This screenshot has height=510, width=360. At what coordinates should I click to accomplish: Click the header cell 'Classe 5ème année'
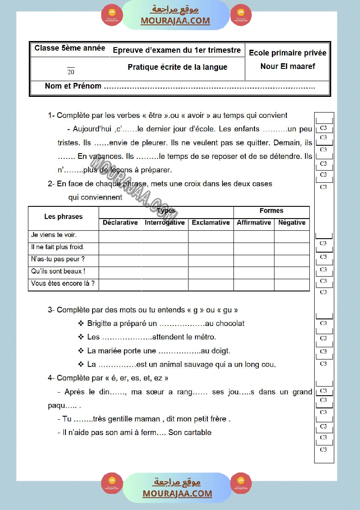(70, 48)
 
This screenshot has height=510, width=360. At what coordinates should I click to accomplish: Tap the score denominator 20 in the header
(71, 72)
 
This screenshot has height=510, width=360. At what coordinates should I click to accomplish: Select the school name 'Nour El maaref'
(288, 66)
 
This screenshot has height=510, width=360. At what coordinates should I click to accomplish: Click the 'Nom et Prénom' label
(73, 86)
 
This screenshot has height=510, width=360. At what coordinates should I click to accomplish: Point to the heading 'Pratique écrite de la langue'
(177, 67)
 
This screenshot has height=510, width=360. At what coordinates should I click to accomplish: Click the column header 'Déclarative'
(120, 222)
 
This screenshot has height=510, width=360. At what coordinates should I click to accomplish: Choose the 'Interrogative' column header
(165, 222)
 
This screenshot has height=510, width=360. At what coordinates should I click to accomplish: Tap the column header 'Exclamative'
(211, 222)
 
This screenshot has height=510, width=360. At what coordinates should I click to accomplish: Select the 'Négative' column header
(292, 222)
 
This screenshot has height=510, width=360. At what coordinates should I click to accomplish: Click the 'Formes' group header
(271, 211)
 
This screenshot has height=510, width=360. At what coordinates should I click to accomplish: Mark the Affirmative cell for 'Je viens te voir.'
(254, 236)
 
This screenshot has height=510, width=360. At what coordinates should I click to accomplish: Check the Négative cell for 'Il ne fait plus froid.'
(292, 249)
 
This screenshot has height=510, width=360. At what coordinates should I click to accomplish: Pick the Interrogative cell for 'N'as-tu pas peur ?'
(165, 261)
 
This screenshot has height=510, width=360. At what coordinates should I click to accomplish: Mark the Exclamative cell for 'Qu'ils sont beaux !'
(211, 273)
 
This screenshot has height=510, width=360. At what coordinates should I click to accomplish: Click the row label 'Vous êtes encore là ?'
(63, 284)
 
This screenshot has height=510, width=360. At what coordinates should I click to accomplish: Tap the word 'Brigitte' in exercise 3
(101, 324)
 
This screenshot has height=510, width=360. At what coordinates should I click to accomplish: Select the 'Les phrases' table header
(63, 217)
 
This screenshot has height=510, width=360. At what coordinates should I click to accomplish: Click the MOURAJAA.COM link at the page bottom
(177, 494)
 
